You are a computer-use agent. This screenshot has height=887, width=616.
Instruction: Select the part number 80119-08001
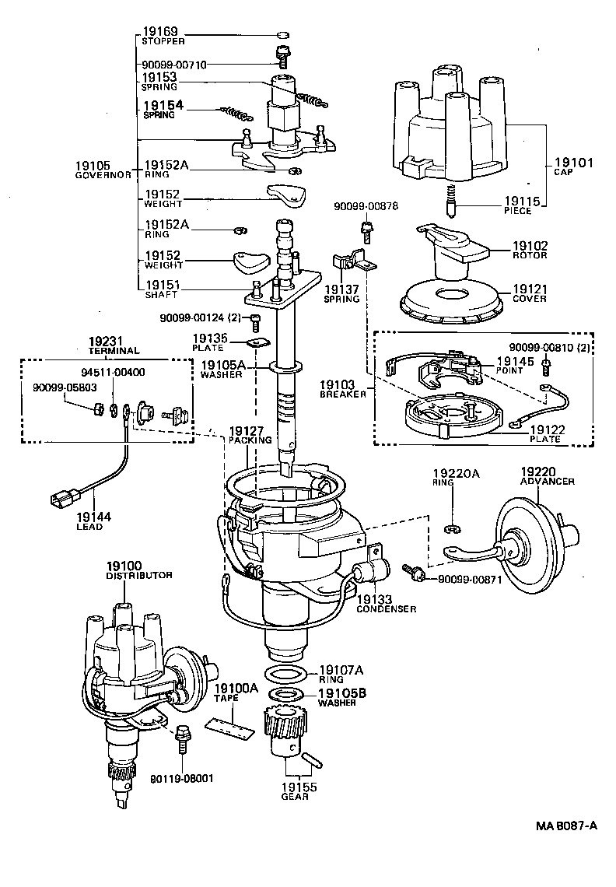[x=181, y=778]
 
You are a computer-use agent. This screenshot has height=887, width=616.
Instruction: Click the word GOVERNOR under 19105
[x=103, y=175]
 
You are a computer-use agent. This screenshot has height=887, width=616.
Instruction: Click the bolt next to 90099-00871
[x=412, y=573]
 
